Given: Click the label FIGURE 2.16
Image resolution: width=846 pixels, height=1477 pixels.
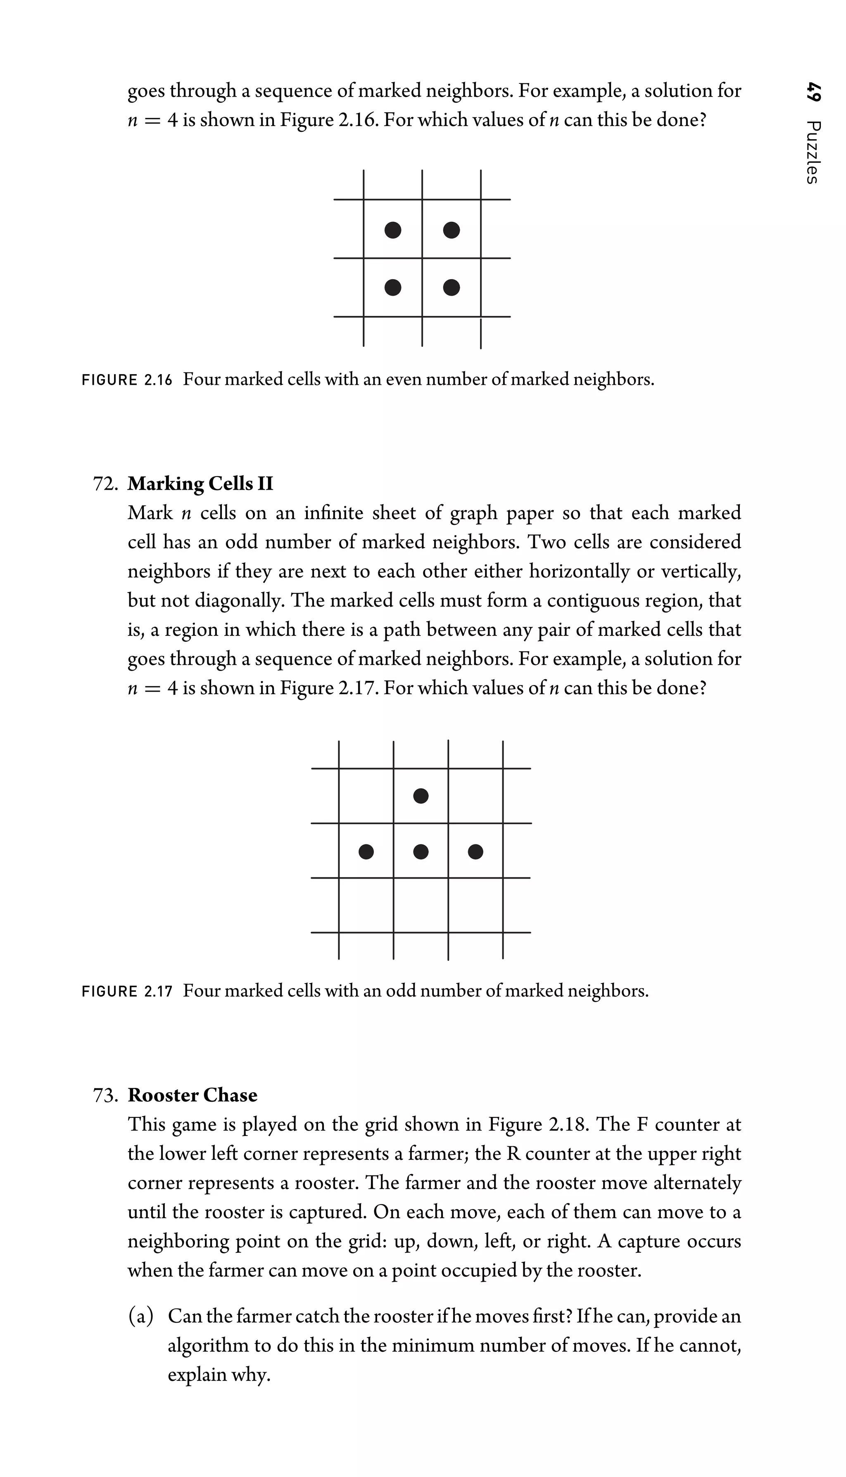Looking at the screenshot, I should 127,380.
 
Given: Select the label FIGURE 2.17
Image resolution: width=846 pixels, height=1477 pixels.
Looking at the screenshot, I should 127,991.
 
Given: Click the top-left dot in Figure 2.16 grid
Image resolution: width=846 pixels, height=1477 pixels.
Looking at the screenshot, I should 393,230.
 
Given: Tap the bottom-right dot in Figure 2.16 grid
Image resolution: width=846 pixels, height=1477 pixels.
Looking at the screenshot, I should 452,287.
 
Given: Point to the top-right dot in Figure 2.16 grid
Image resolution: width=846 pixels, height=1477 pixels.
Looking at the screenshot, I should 452,230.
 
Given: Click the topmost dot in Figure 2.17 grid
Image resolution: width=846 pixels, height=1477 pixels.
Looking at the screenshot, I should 421,795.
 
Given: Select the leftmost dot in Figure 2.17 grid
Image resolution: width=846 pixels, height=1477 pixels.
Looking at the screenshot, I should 366,851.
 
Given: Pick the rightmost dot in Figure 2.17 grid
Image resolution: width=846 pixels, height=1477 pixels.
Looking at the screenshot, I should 475,851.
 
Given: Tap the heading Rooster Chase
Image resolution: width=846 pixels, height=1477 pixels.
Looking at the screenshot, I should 192,1095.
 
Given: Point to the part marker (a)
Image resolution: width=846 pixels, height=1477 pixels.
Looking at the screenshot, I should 140,1300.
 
